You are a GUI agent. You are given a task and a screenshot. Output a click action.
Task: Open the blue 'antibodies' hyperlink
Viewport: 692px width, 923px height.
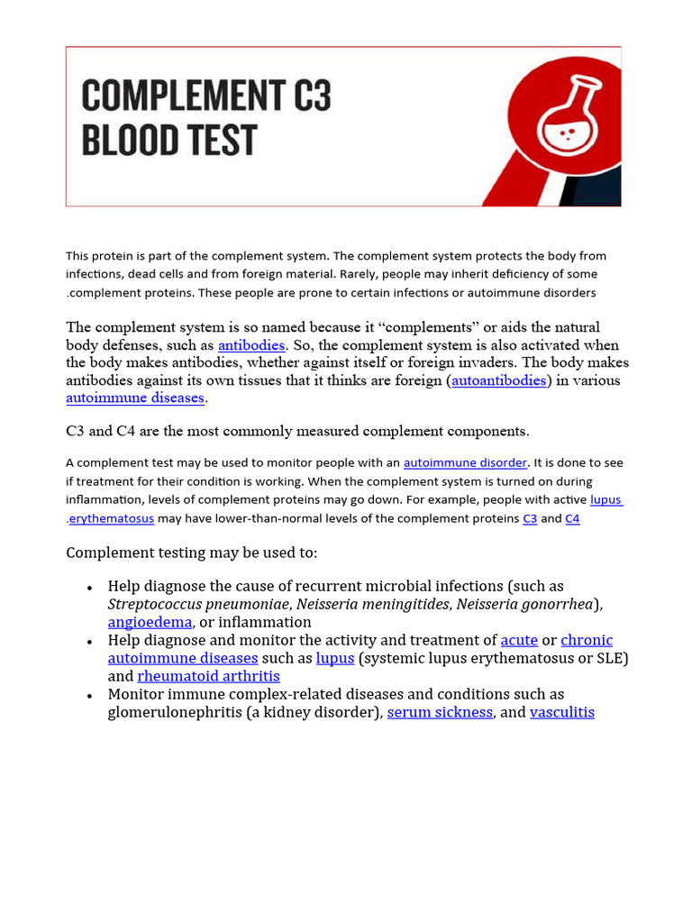pos(251,345)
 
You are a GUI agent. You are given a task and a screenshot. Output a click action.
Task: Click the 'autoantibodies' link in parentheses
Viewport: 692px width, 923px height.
pos(499,380)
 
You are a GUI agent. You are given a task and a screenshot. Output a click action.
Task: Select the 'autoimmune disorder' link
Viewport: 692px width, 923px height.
pos(465,462)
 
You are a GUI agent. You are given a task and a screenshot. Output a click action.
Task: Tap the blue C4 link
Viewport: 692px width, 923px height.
pos(572,519)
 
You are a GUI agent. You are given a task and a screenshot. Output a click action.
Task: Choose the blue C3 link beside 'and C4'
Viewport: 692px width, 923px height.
pos(530,519)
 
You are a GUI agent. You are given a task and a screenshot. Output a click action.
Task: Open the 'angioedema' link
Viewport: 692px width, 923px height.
pos(150,622)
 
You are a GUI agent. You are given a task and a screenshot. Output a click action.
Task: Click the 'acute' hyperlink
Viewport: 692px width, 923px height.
pos(519,640)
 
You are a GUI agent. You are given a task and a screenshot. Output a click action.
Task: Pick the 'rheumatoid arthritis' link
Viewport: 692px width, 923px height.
pos(208,676)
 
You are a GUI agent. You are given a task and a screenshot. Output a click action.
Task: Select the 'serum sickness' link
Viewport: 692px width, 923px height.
pos(440,712)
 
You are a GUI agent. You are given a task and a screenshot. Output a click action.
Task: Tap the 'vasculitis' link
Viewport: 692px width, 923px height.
pos(562,712)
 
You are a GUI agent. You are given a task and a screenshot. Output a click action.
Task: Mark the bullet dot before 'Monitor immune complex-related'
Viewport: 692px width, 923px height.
pos(90,696)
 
